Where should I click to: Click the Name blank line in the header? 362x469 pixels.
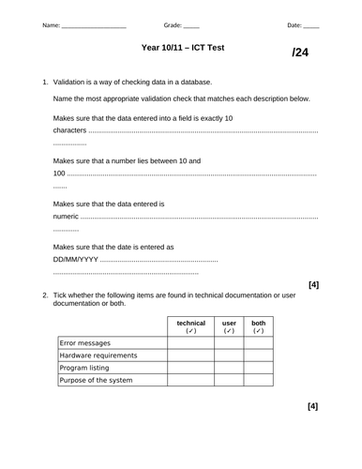93,27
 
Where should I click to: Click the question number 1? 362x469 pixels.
45,83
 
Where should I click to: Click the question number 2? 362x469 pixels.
45,295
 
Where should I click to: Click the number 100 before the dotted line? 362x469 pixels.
59,174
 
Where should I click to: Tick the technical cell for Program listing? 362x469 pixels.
190,368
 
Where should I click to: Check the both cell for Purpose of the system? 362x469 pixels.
259,380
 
